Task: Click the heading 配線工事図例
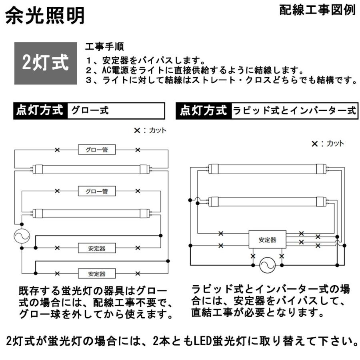pyautogui.click(x=317, y=11)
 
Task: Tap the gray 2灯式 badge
pyautogui.click(x=45, y=63)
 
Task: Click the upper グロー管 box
pyautogui.click(x=97, y=150)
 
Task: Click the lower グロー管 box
pyautogui.click(x=97, y=191)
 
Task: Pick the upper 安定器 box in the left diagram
pyautogui.click(x=97, y=248)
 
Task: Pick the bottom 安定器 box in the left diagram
pyautogui.click(x=97, y=274)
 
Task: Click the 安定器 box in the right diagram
pyautogui.click(x=268, y=240)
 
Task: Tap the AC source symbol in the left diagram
pyautogui.click(x=19, y=236)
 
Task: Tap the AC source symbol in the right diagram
pyautogui.click(x=267, y=264)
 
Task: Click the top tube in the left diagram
pyautogui.click(x=91, y=169)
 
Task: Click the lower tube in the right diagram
pyautogui.click(x=267, y=200)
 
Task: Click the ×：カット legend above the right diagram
pyautogui.click(x=327, y=144)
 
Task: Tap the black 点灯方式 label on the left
pyautogui.click(x=40, y=110)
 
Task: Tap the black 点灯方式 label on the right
pyautogui.click(x=204, y=111)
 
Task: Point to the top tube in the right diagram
pyautogui.click(x=267, y=168)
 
